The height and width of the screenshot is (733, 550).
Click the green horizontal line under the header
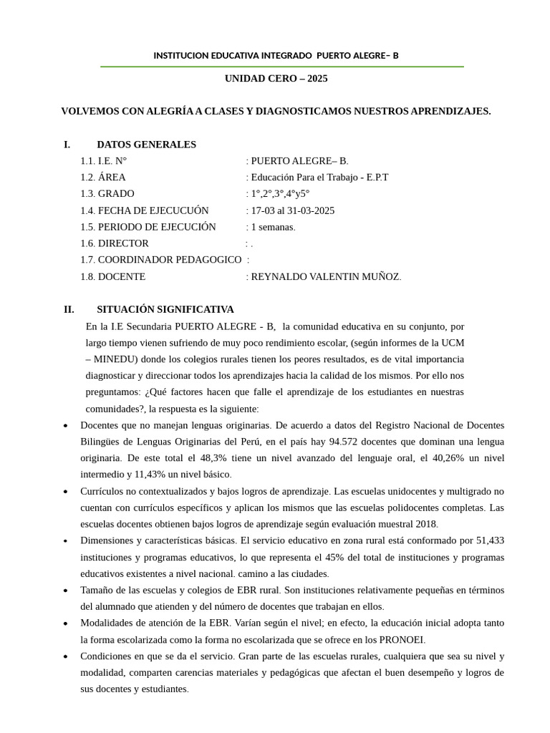281,67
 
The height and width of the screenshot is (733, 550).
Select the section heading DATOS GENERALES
146,145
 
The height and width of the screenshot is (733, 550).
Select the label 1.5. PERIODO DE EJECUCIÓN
148,227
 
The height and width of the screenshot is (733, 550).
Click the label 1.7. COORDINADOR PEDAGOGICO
161,260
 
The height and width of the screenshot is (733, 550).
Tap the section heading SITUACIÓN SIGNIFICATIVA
165,309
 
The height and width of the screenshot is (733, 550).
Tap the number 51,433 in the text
489,540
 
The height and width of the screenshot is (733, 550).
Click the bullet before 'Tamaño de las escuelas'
66,591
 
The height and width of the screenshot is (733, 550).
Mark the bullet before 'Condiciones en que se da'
66,656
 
